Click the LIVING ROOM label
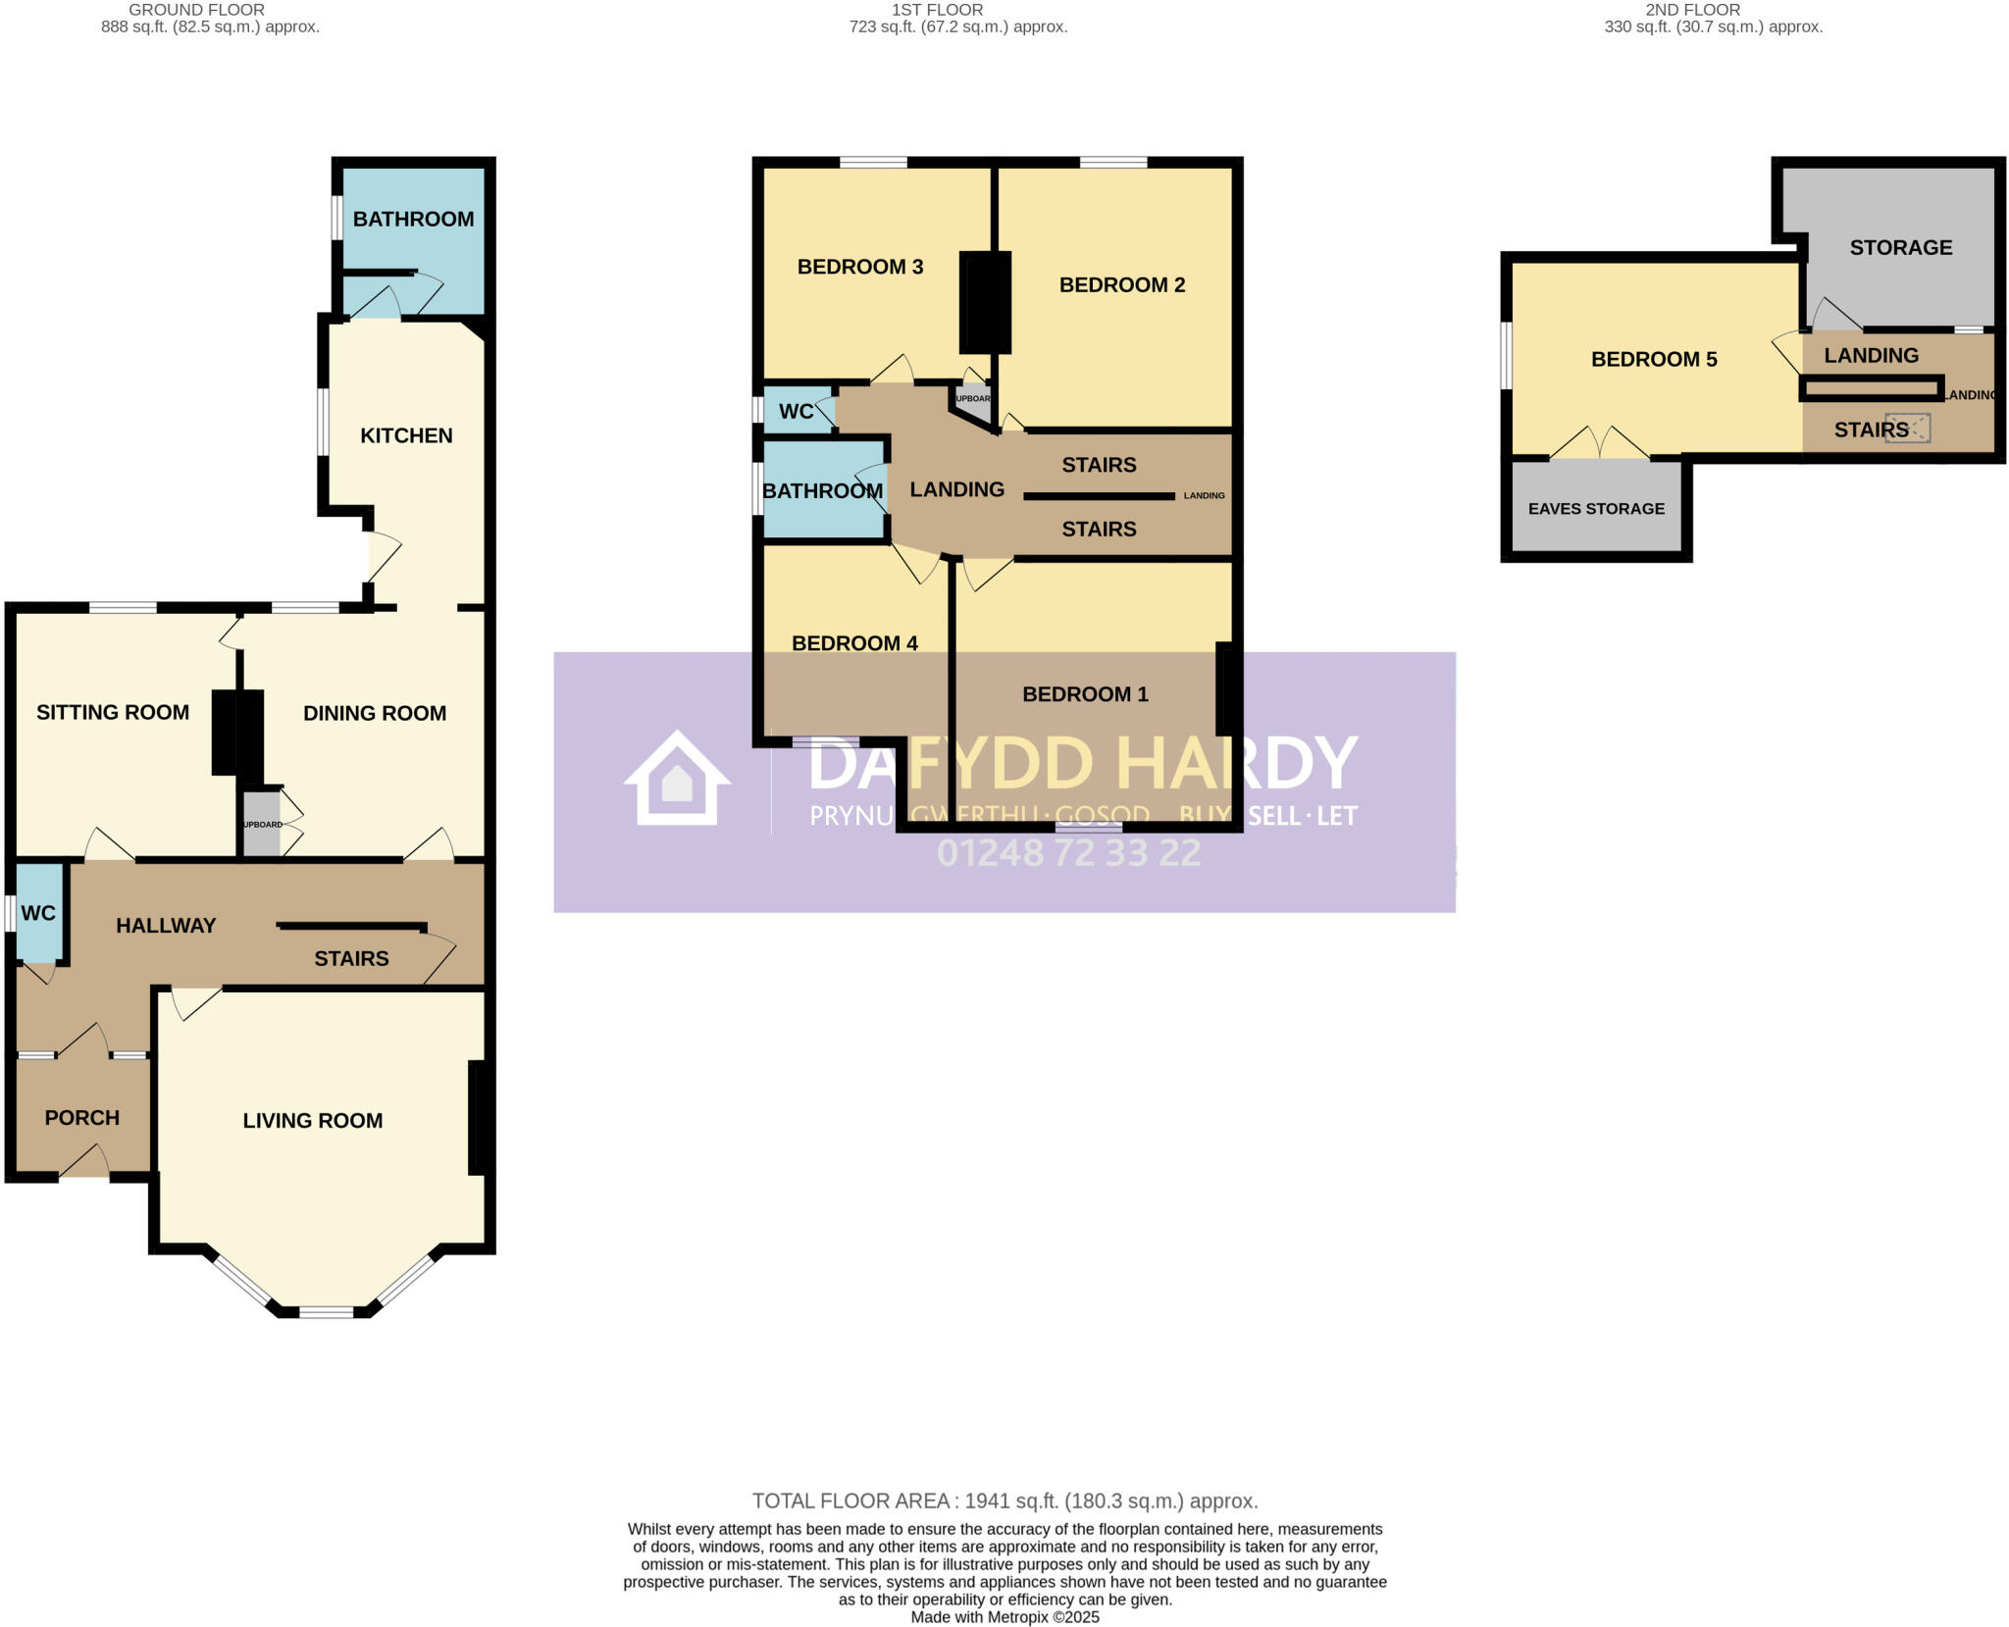[312, 1120]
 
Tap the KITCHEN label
[406, 435]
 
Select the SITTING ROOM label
[113, 712]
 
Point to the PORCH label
[82, 1117]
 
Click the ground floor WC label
[38, 913]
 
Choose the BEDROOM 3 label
[859, 267]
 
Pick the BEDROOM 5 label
[1653, 359]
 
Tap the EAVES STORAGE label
[1596, 508]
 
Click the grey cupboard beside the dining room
[262, 825]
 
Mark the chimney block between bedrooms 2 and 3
[985, 302]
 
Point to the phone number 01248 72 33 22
[1068, 853]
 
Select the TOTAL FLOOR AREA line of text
[1004, 1500]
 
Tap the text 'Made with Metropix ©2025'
[1004, 1617]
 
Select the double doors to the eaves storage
[1600, 445]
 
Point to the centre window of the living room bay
[327, 1311]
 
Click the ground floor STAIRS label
[351, 958]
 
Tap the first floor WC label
[796, 411]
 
